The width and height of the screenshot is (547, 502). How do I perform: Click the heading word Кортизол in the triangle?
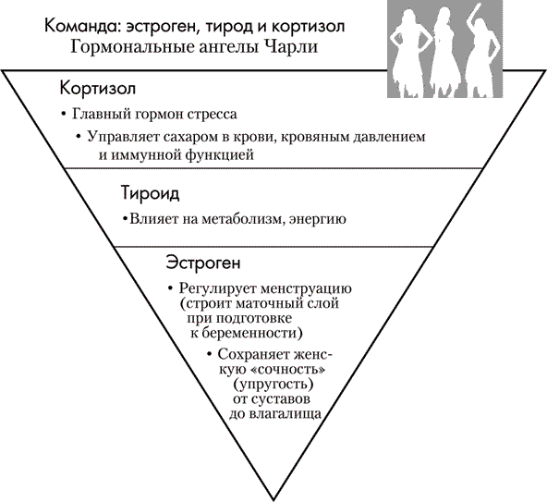click(x=98, y=89)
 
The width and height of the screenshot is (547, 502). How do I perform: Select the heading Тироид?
click(x=151, y=193)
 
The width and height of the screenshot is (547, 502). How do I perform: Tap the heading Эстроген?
click(x=203, y=263)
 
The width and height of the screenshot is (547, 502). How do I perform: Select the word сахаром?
click(x=191, y=136)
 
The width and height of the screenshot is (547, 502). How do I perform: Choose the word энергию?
click(x=318, y=220)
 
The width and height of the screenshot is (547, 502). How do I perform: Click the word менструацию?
click(x=306, y=289)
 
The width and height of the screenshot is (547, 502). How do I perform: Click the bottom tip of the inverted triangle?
click(x=273, y=499)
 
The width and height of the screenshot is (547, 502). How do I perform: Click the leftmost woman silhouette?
click(x=408, y=52)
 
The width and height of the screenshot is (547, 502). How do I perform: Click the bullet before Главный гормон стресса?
click(x=63, y=115)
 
